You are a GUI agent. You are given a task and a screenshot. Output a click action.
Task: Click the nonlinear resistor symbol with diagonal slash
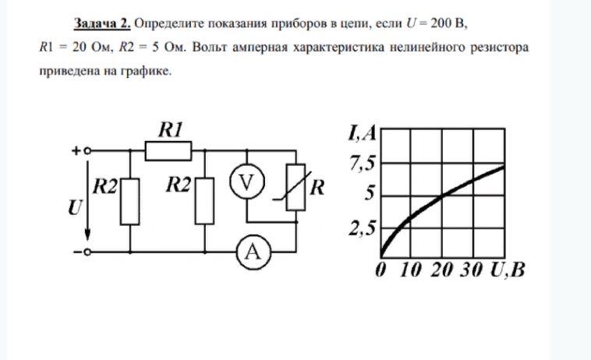295,187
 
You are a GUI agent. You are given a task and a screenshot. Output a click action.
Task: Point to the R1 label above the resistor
171,129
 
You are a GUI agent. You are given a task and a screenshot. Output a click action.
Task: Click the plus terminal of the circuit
87,150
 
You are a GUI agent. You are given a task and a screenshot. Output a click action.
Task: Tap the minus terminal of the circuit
87,252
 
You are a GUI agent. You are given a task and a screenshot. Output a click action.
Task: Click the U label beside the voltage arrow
75,207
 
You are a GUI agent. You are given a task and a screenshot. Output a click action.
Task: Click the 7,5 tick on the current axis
363,164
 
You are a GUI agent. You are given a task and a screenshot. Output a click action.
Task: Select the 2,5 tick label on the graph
363,228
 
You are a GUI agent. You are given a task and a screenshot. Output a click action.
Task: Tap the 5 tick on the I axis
370,192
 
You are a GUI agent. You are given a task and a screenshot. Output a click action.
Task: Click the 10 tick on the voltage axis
410,270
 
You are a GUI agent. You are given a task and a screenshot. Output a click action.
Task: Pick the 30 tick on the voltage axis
471,270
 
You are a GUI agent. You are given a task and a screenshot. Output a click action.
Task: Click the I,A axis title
363,133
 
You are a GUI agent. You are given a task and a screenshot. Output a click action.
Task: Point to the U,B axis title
508,270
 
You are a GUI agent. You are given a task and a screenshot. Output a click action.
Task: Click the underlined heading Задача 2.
102,23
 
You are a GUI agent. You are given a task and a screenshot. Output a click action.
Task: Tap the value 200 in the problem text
441,23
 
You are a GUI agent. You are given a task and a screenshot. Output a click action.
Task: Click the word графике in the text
146,71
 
